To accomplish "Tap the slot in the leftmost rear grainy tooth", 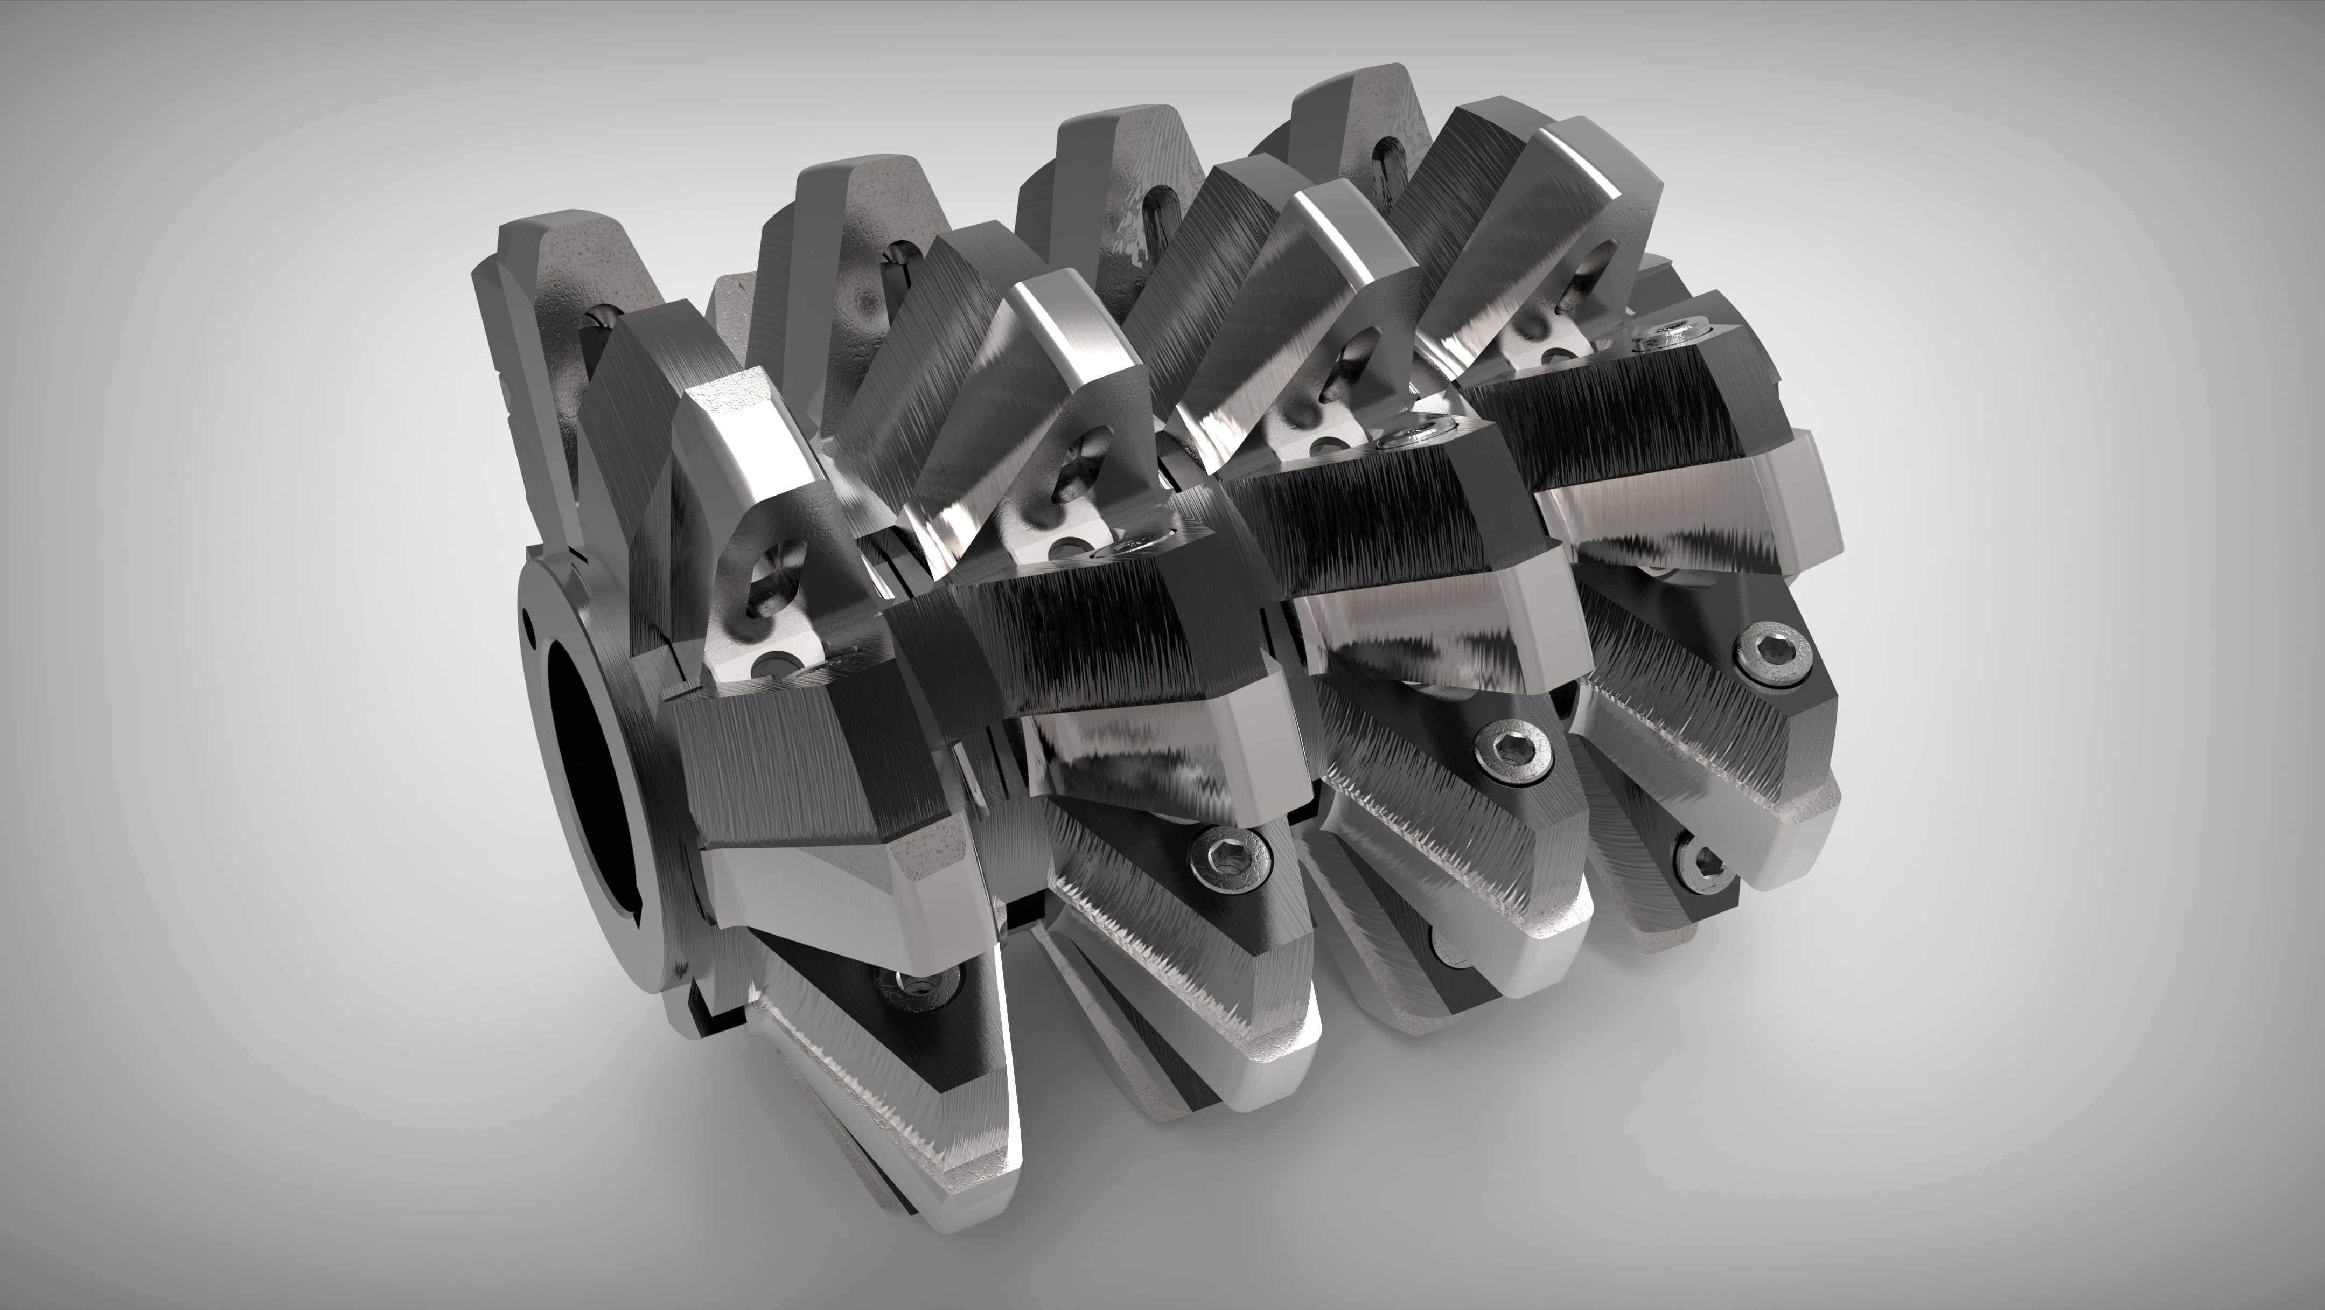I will (600, 320).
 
